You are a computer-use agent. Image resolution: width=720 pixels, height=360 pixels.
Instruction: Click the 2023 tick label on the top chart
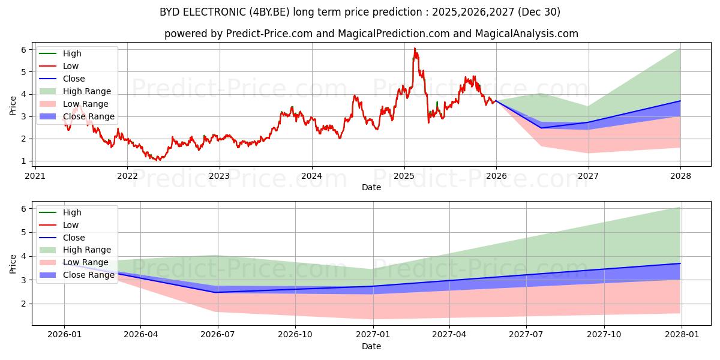[x=219, y=176]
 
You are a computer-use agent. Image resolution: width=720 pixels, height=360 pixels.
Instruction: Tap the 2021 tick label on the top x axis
[x=35, y=176]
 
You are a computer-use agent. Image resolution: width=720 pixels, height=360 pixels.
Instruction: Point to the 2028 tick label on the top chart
[x=680, y=176]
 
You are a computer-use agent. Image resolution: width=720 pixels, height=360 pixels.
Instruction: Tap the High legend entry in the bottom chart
[x=72, y=212]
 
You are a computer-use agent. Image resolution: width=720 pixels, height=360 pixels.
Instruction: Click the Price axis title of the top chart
[x=13, y=105]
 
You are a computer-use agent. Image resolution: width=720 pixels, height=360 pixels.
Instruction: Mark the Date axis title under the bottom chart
[x=371, y=346]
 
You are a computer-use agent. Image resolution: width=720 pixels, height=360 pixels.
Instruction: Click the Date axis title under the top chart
[x=371, y=187]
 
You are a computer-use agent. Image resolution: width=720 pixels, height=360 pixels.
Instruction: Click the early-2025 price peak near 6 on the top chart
[x=414, y=49]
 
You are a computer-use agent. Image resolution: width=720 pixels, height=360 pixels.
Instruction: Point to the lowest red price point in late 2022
[x=158, y=160]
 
